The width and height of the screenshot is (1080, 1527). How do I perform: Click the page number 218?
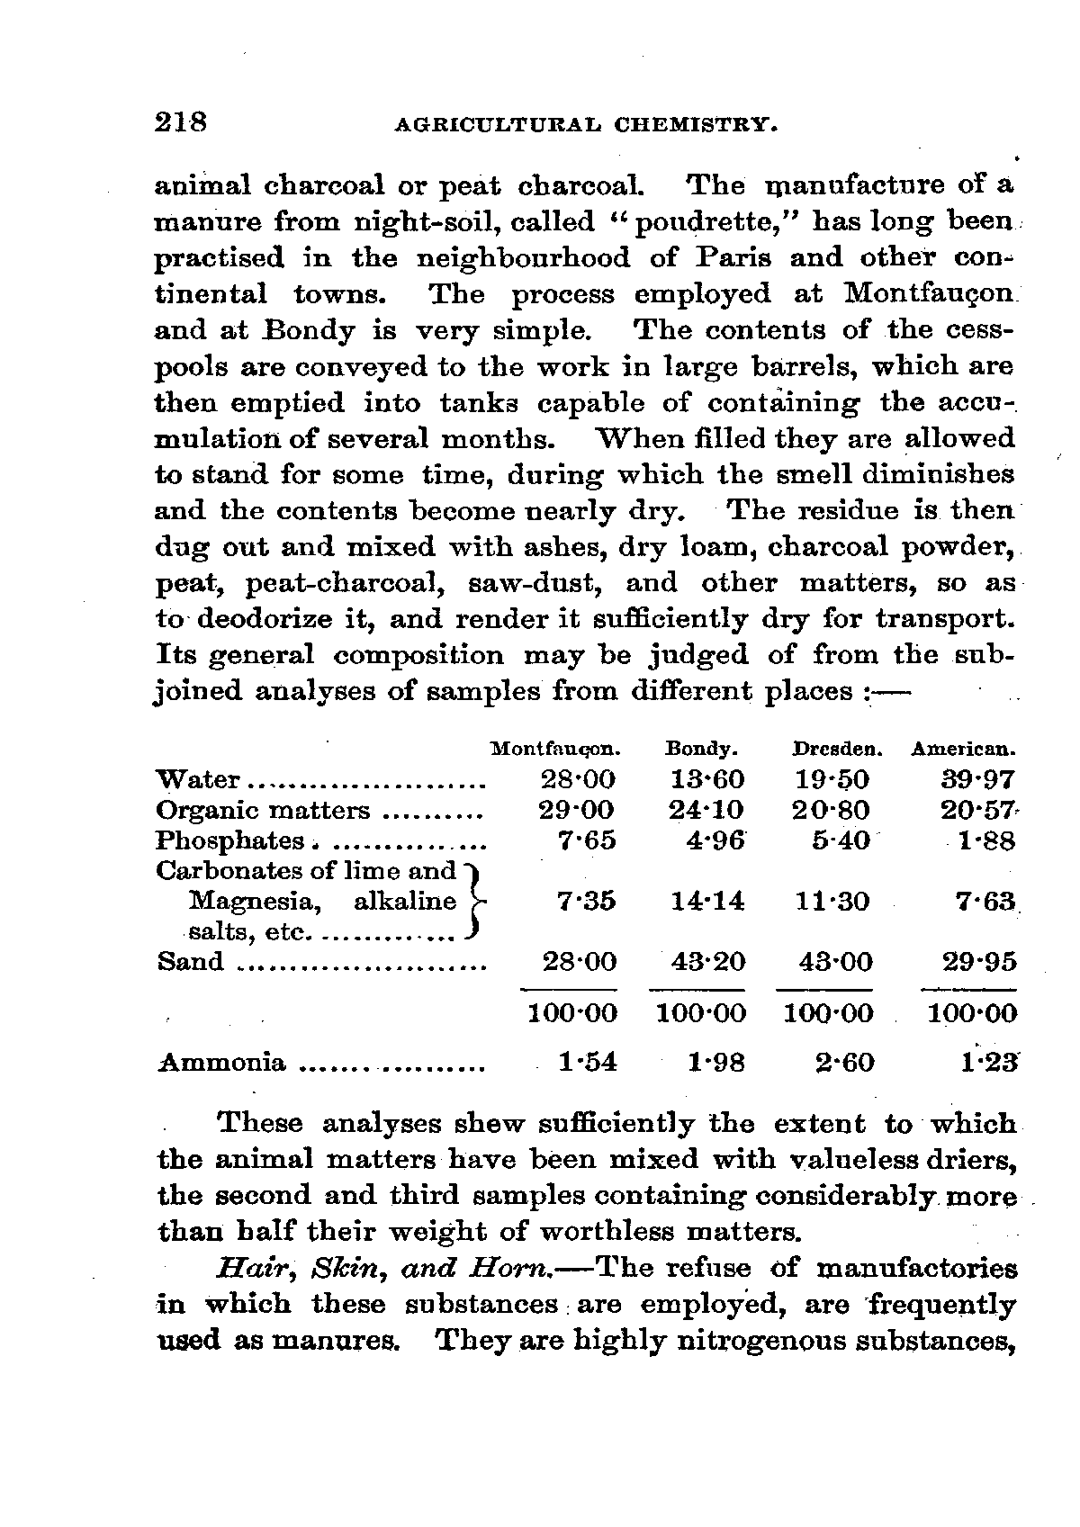coord(181,121)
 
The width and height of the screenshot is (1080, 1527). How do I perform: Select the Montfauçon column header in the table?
coord(556,749)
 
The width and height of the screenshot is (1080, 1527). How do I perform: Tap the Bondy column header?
coord(702,749)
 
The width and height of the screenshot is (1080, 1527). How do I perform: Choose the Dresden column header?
coord(837,749)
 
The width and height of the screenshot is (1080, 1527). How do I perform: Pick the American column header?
coord(964,749)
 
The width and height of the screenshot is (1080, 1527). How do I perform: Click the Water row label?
coord(198,780)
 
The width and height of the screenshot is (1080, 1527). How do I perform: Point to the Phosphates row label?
coord(230,841)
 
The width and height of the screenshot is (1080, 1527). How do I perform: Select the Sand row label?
coord(191,962)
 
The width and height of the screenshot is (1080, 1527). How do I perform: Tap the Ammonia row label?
coord(221,1063)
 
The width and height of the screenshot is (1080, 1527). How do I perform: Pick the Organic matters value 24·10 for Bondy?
coord(707,811)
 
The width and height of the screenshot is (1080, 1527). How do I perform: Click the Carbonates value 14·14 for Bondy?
coord(707,901)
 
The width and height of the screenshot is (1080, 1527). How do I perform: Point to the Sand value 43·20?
coord(707,962)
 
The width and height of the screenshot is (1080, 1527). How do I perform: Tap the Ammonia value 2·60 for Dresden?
coord(844,1063)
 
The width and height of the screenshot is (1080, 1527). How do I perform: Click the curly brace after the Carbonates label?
coord(476,901)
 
